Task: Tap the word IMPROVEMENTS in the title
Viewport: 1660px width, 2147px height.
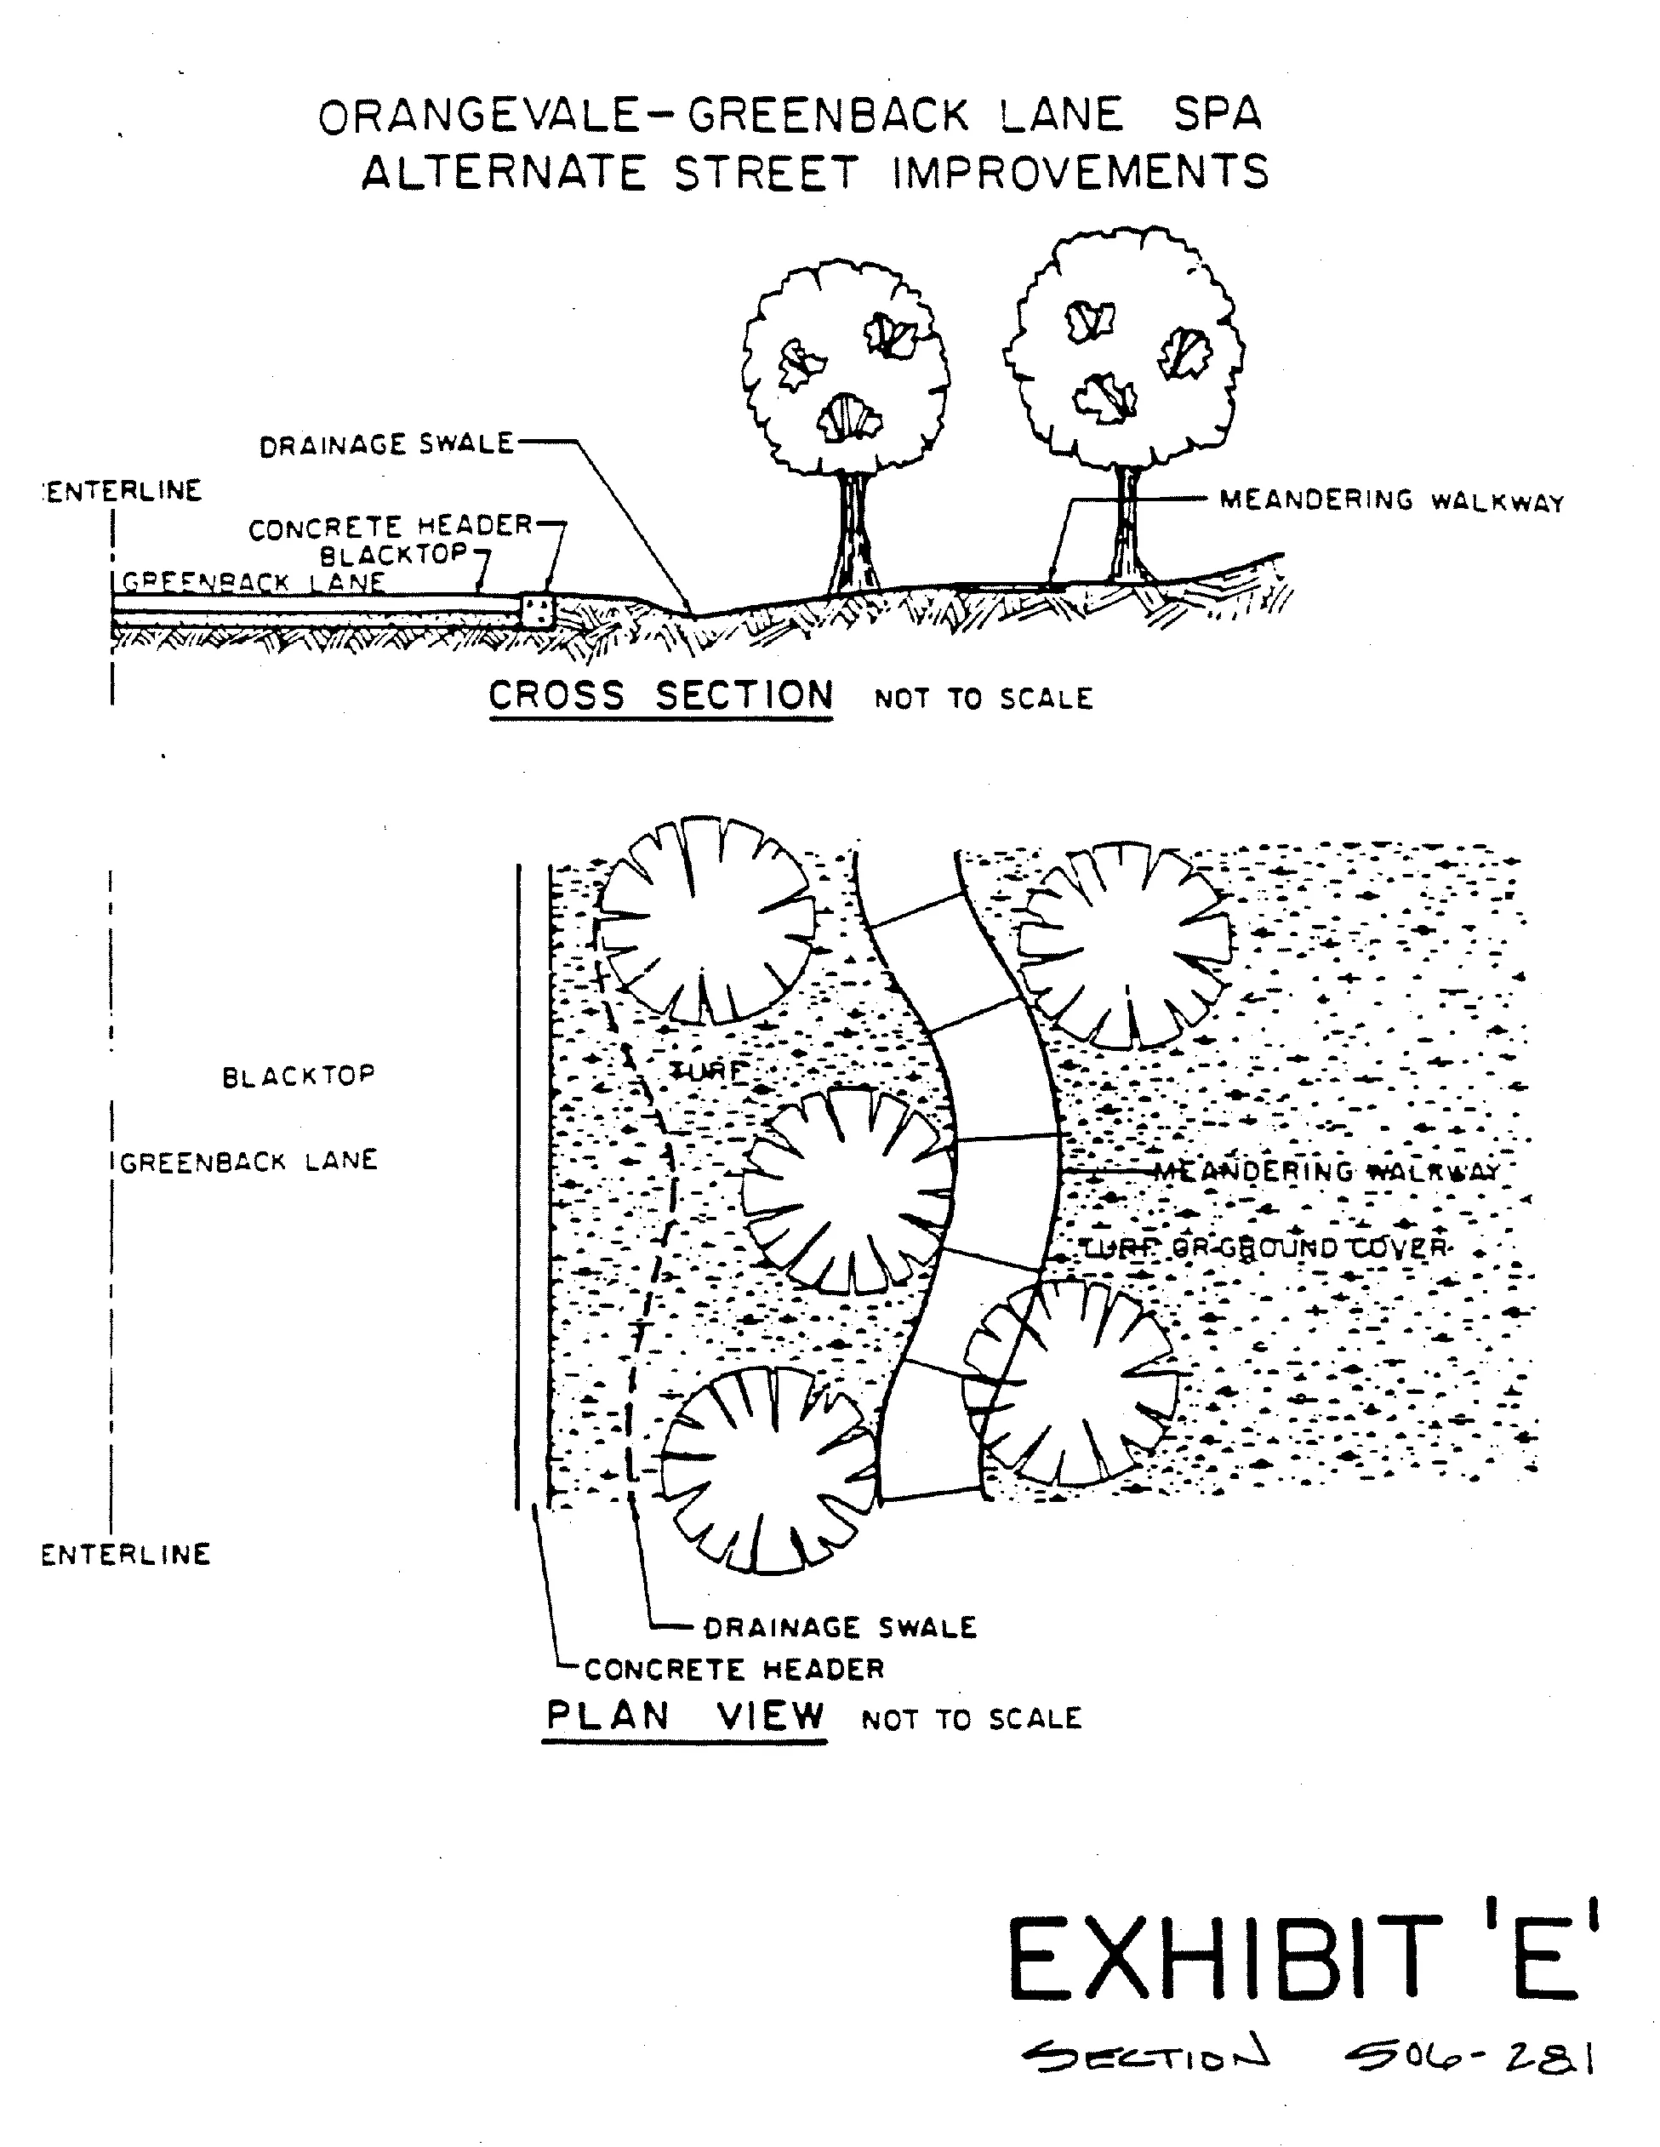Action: coord(1080,174)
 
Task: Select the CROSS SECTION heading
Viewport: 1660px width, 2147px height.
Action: coord(660,696)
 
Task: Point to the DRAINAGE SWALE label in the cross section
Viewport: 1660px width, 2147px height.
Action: coord(386,445)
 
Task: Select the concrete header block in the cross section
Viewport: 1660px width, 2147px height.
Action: coord(537,610)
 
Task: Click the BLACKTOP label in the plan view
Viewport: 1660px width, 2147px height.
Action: coord(299,1076)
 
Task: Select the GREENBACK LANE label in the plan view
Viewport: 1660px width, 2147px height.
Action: coord(248,1161)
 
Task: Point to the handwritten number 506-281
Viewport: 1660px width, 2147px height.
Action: coord(1471,2056)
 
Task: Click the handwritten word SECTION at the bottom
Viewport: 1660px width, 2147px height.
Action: coord(1146,2053)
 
